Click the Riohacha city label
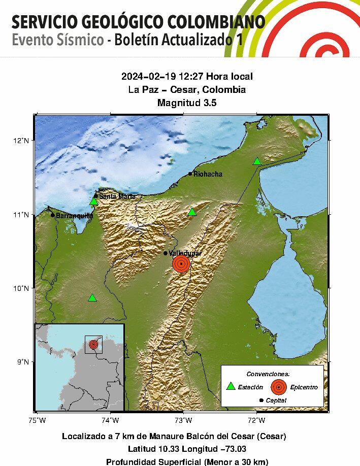coord(208,174)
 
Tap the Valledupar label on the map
coord(185,253)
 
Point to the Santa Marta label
coord(117,196)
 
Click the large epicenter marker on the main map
coord(181,264)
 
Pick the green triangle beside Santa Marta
coord(93,202)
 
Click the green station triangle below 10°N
coord(92,298)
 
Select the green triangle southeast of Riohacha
coord(192,212)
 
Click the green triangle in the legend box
coord(231,386)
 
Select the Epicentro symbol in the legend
coord(278,387)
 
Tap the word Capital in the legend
coord(276,401)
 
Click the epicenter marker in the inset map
coord(93,344)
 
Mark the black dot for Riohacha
coord(190,174)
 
